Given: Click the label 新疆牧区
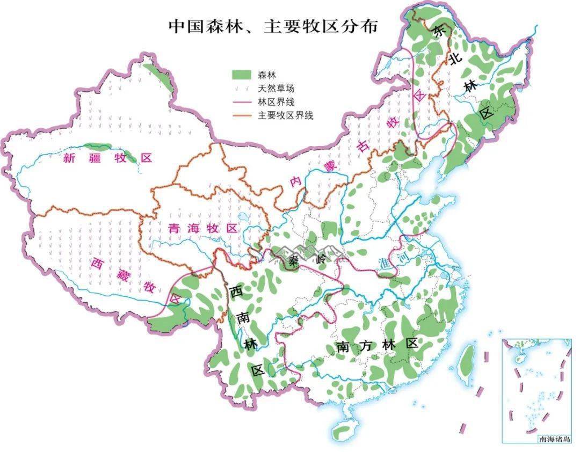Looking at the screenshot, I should coord(107,158).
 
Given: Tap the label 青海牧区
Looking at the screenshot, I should coord(202,228).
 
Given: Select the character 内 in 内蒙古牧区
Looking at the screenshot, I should coord(295,181).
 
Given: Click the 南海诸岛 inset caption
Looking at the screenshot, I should coord(555,439).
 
